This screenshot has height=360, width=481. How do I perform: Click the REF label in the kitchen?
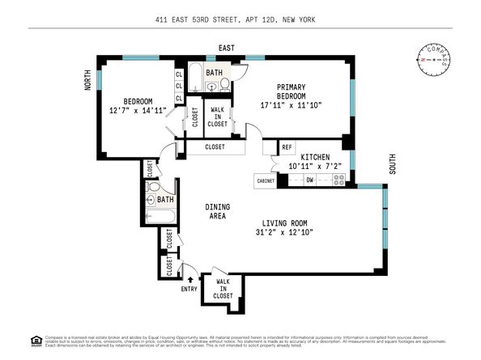click(x=287, y=147)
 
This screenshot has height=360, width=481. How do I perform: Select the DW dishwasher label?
click(x=309, y=181)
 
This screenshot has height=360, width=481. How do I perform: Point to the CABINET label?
click(x=266, y=181)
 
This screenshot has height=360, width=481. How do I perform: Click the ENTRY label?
click(x=189, y=288)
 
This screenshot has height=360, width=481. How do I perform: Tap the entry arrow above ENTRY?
click(x=190, y=280)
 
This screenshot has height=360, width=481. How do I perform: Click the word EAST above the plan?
click(x=225, y=49)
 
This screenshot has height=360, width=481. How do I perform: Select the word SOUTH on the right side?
click(x=393, y=163)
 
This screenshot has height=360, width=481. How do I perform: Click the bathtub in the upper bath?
click(x=196, y=80)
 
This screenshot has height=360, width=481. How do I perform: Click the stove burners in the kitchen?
click(x=338, y=181)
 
